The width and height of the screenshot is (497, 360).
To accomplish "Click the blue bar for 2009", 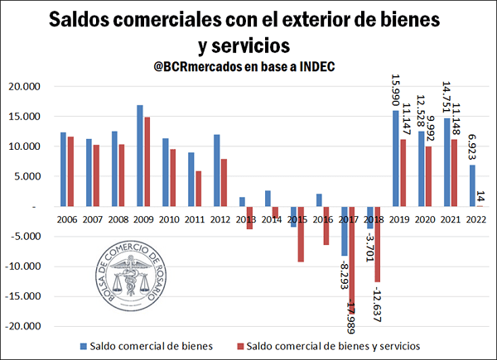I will coord(140,156).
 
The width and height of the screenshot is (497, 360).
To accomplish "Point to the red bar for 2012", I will coord(224,182).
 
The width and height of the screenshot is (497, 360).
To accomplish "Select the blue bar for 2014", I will coord(268,199).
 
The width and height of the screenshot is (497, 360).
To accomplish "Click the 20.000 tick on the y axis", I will coord(25,86).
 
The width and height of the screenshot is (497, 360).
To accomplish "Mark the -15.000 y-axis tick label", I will coord(24,296).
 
